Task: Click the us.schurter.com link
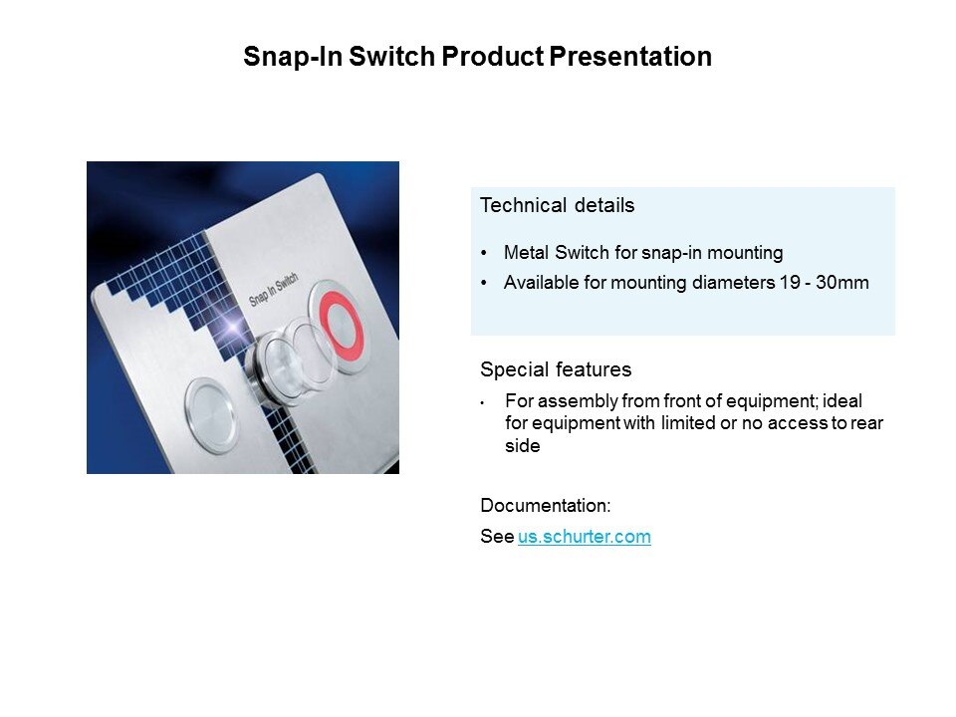585,537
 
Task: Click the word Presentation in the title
630,57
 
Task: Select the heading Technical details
558,205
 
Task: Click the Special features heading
556,369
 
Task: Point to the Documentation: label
545,506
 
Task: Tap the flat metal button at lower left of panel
211,415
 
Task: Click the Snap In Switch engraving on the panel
274,289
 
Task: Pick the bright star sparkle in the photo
232,327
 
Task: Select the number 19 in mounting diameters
789,282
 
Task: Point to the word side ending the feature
523,446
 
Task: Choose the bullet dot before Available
484,283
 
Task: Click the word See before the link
497,537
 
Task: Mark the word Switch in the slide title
391,57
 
